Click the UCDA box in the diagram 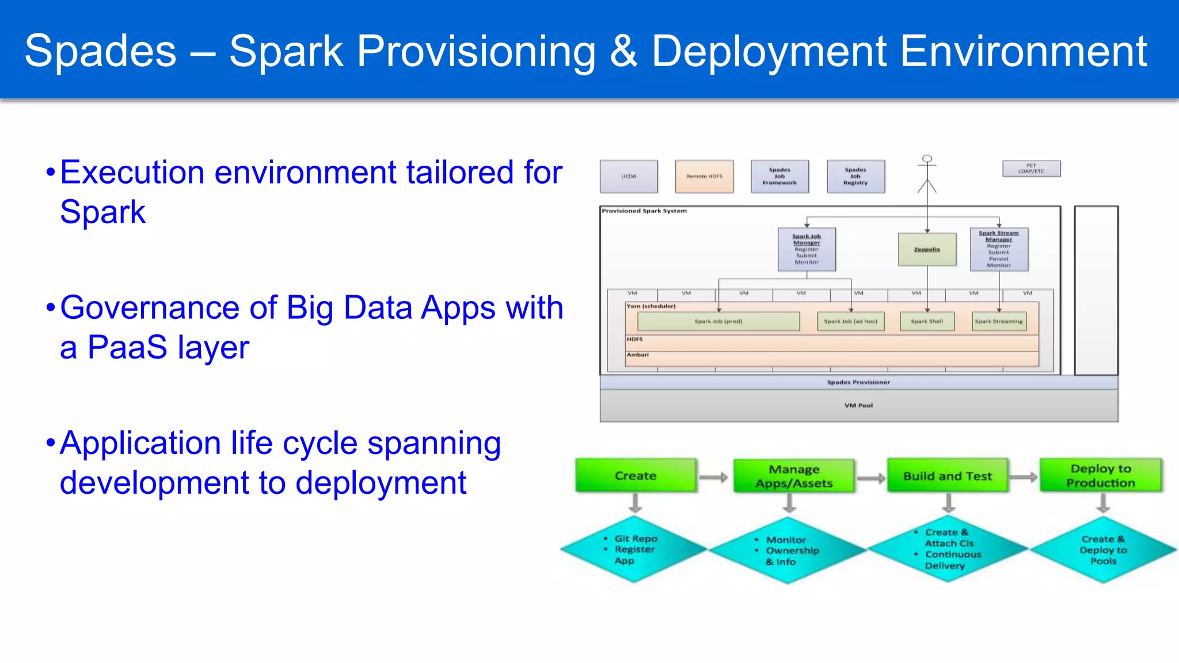pos(629,176)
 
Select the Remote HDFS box pos(704,176)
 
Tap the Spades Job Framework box pos(779,176)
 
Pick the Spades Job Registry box pos(855,176)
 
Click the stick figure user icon pos(927,173)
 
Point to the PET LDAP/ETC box pos(1031,169)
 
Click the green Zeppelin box pos(927,249)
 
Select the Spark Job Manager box pos(807,249)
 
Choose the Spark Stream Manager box pos(999,249)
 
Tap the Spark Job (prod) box pos(718,321)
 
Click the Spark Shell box pos(927,321)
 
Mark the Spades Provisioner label pos(858,382)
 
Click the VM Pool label pos(858,405)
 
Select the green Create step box pos(636,475)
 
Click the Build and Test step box pos(948,475)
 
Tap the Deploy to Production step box pos(1101,475)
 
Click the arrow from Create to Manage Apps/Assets pos(714,477)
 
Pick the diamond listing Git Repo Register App pos(633,550)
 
